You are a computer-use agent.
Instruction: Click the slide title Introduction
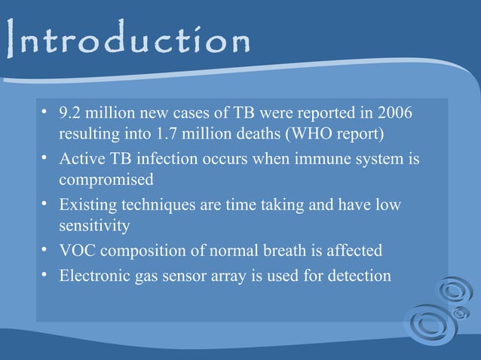(127, 41)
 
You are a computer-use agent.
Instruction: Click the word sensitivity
(95, 226)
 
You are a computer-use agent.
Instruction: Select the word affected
(354, 250)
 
